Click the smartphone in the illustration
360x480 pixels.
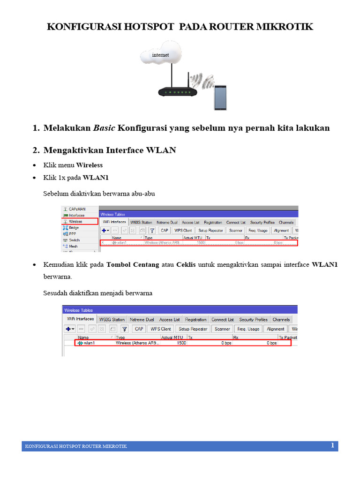(x=220, y=97)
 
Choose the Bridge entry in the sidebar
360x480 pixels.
(x=74, y=227)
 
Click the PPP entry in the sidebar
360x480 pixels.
(x=73, y=233)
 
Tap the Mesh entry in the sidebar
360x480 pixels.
(x=73, y=246)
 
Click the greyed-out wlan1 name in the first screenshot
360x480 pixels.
(x=121, y=243)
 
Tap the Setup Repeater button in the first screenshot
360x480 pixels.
(x=210, y=231)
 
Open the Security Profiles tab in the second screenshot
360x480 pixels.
(x=253, y=320)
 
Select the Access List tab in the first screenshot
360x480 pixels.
(x=191, y=222)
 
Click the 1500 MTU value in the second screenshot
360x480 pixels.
(x=181, y=343)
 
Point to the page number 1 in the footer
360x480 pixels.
(x=332, y=445)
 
